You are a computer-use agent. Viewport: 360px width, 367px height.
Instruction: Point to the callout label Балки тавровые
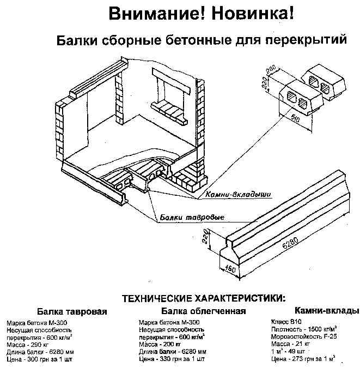(193, 218)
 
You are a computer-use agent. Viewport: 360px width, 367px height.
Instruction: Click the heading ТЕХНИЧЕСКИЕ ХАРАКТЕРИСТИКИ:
(203, 298)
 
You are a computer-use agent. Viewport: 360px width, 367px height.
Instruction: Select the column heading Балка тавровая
(72, 311)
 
